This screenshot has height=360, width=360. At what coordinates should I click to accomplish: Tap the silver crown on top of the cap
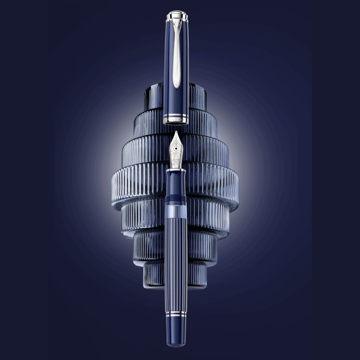[177, 15]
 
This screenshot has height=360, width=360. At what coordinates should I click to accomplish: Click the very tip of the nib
[176, 132]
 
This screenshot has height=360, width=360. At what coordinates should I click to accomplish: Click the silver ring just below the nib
[176, 170]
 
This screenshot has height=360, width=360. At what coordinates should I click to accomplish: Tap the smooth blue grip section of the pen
[176, 183]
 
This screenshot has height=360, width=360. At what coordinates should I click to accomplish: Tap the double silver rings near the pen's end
[176, 314]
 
